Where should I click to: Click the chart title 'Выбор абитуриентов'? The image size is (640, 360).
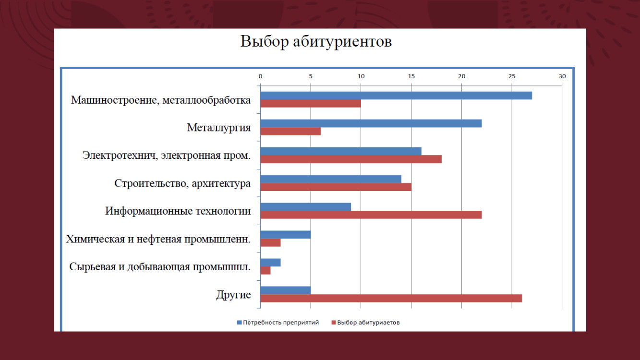tap(316, 41)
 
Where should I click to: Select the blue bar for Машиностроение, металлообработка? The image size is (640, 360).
tap(396, 96)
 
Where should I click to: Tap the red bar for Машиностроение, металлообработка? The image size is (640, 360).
tap(311, 104)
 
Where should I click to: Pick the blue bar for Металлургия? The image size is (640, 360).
tap(371, 123)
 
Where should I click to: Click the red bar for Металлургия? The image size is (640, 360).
tap(290, 132)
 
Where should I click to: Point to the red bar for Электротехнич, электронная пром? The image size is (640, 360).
tap(351, 159)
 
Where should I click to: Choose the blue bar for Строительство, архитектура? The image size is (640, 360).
tap(331, 179)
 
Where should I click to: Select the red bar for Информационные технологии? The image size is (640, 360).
tap(371, 215)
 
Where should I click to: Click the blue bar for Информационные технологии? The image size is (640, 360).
tap(305, 207)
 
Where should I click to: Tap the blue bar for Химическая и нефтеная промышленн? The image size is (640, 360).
tap(285, 235)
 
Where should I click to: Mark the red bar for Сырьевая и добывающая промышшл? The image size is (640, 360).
tap(265, 271)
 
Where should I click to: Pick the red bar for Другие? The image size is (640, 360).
tap(391, 299)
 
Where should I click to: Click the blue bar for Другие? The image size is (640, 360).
tap(285, 290)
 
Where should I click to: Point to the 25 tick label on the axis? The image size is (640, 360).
tap(512, 76)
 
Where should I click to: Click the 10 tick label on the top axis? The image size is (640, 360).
tap(361, 76)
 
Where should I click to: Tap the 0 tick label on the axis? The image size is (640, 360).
tap(260, 76)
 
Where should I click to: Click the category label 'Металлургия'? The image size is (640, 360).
tap(219, 128)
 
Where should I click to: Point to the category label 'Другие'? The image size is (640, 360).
tap(233, 294)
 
